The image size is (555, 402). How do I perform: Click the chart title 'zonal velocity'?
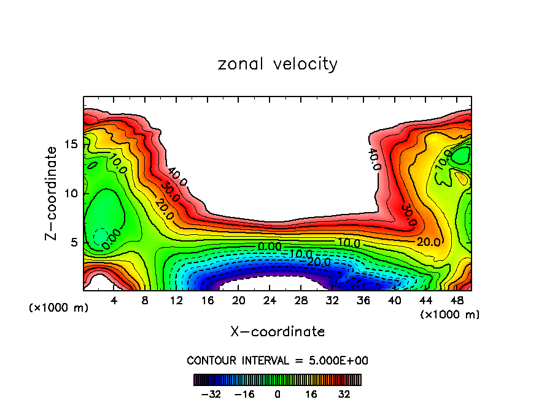277,64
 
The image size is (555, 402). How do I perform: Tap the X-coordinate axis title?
277,332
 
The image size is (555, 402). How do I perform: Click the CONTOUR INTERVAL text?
277,360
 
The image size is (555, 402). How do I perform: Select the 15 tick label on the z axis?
71,144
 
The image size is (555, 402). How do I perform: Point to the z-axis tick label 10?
71,193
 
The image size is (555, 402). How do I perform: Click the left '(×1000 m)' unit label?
59,308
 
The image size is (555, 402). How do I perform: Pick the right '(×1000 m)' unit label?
450,315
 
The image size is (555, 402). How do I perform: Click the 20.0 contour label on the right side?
429,242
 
